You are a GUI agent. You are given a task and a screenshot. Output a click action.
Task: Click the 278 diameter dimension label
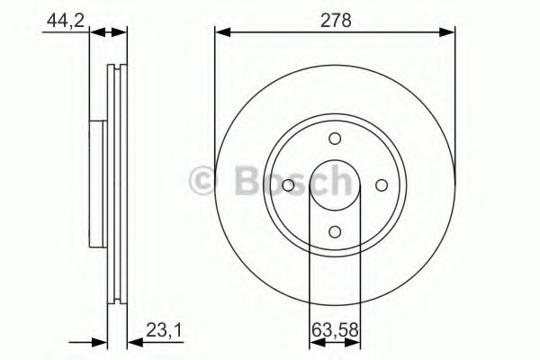[x=335, y=19]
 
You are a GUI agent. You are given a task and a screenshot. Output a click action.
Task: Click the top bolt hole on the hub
[x=335, y=139]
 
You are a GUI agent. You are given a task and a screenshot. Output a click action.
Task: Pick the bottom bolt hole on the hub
[x=335, y=231]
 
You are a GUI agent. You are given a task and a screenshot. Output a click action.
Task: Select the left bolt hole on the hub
[x=288, y=185]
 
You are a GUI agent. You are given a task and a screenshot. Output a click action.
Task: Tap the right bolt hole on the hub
[x=381, y=185]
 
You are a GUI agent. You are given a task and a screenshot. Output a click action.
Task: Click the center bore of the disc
[x=335, y=185]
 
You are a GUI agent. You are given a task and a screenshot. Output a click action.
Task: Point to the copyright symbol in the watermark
[x=204, y=182]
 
